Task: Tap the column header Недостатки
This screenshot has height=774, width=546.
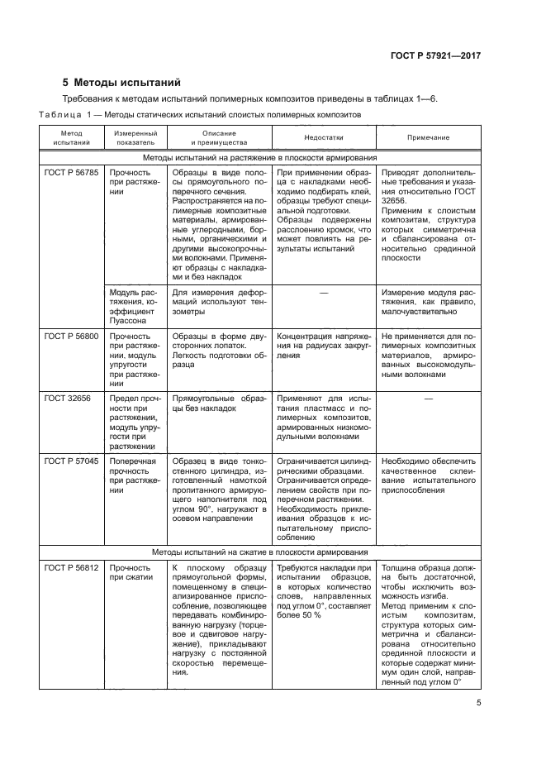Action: tap(323, 138)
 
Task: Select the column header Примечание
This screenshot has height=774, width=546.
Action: tap(429, 138)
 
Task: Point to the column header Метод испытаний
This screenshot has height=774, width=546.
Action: tap(71, 138)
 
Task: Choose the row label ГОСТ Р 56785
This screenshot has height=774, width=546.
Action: tap(71, 173)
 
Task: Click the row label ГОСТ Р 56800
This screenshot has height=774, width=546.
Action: tap(71, 337)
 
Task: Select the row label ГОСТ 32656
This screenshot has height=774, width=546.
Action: tap(67, 398)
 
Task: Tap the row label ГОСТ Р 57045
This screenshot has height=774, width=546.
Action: tap(71, 461)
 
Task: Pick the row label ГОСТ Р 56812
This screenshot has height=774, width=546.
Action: tap(71, 569)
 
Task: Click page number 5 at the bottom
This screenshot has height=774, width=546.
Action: tap(478, 704)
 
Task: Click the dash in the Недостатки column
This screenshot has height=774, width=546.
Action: tap(323, 292)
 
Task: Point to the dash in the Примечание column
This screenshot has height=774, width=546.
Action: tap(429, 398)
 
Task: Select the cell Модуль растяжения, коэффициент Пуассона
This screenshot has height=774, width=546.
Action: tap(135, 307)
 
